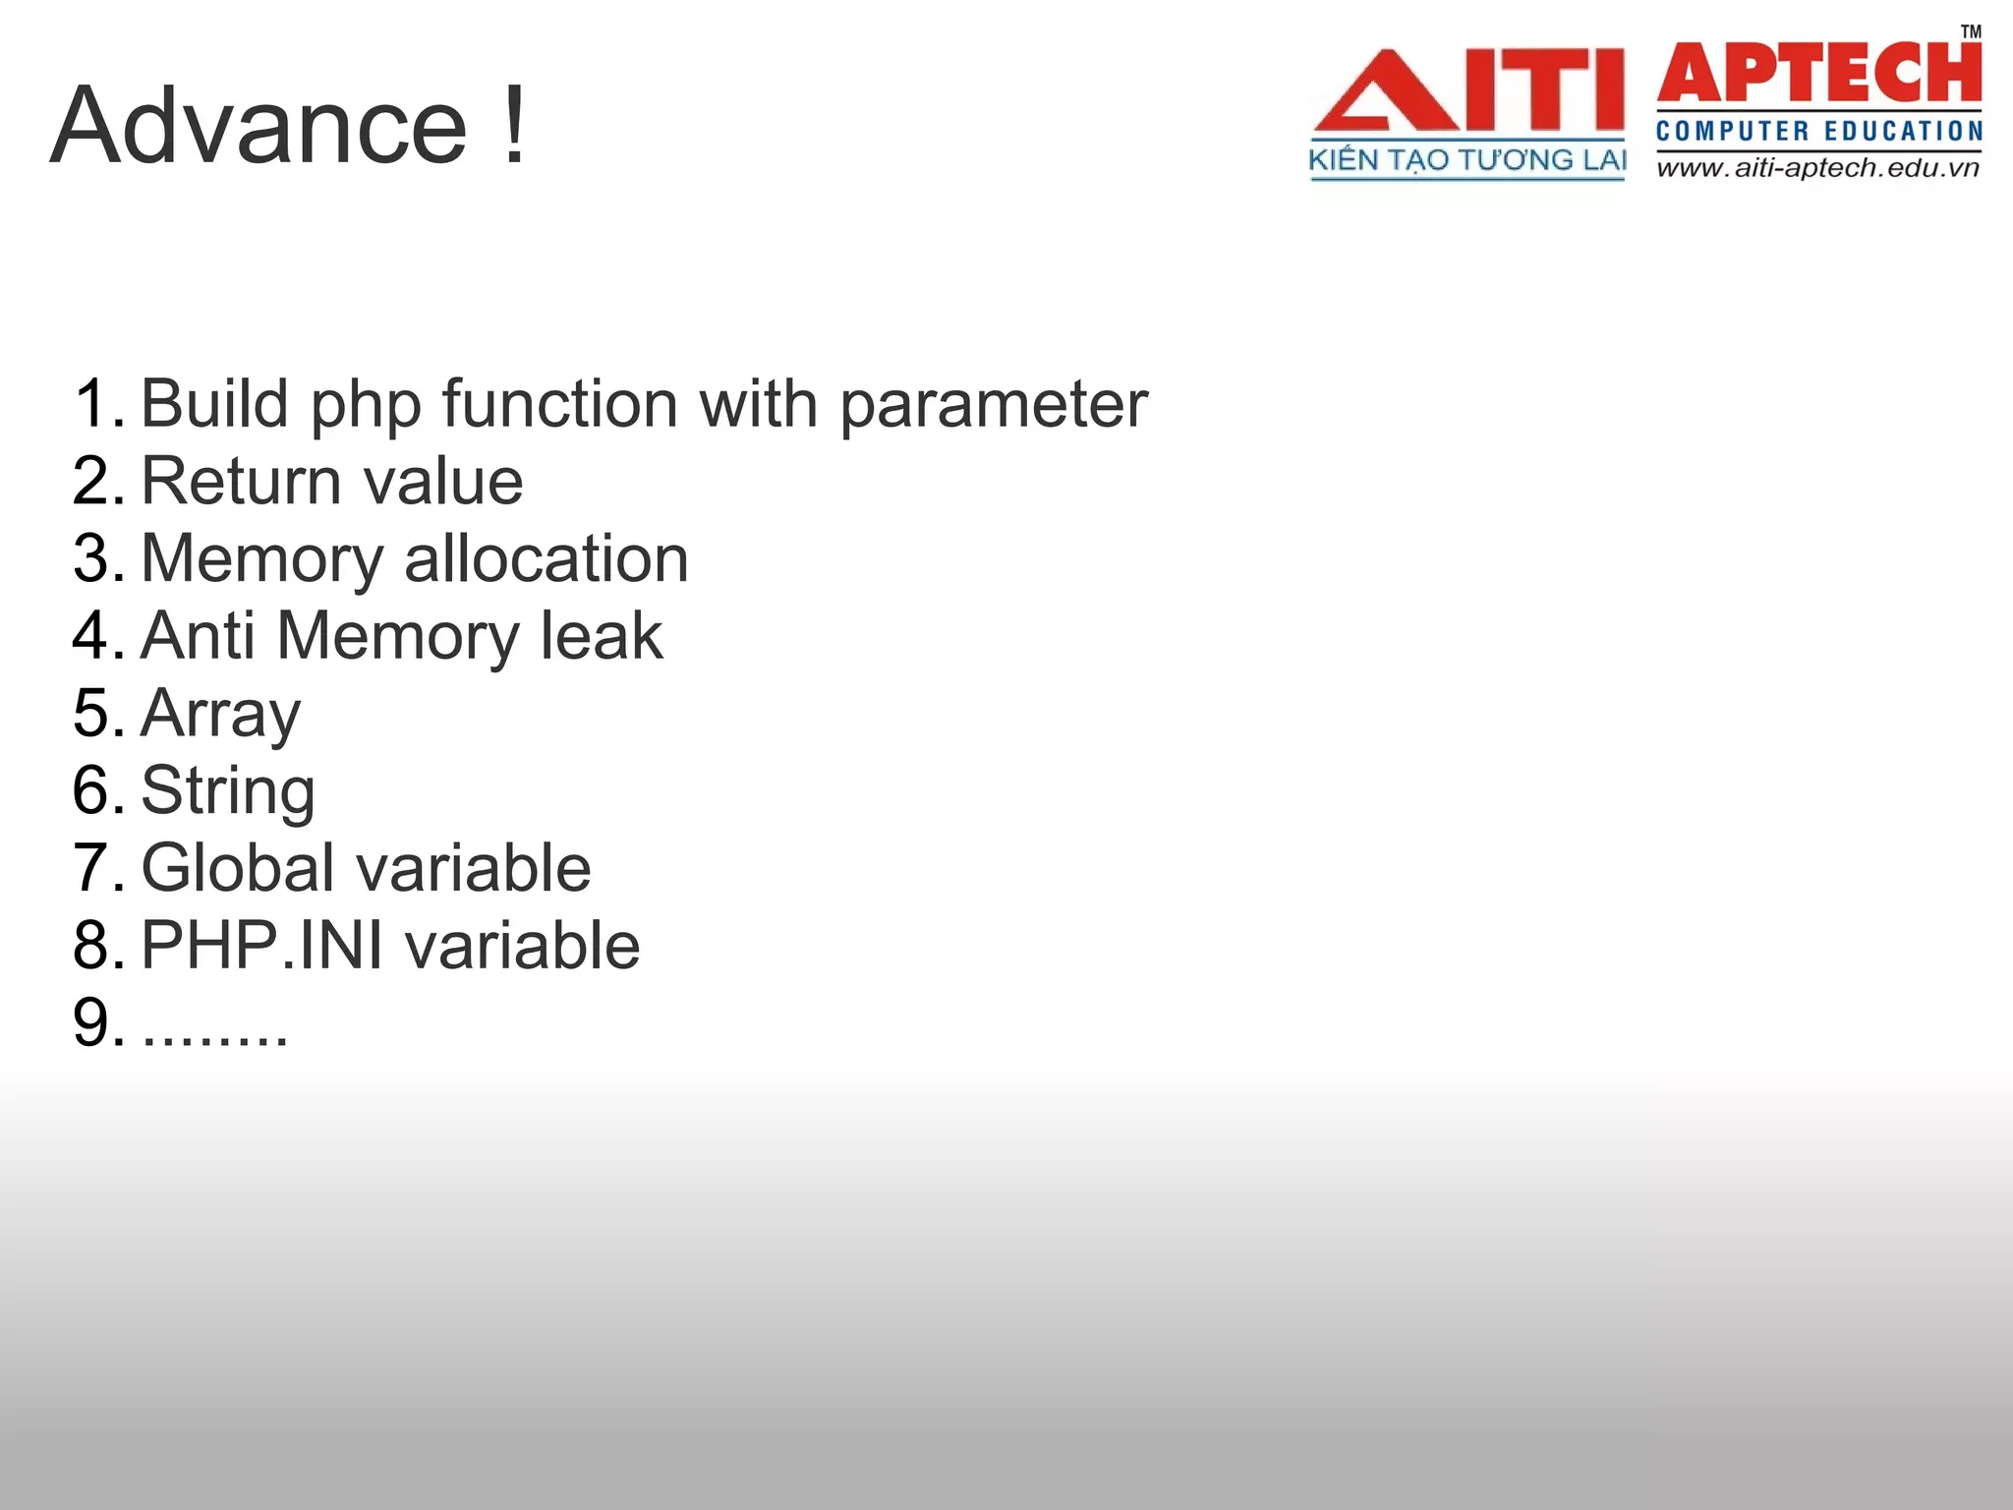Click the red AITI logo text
pyautogui.click(x=1468, y=90)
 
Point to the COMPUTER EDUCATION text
pyautogui.click(x=1819, y=132)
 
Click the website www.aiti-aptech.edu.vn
pyautogui.click(x=1817, y=168)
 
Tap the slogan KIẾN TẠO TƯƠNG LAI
pyautogui.click(x=1467, y=160)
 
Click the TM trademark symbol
pyautogui.click(x=1971, y=31)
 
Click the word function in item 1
pyautogui.click(x=560, y=404)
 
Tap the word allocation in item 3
pyautogui.click(x=546, y=558)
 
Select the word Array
pyautogui.click(x=220, y=715)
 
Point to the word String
pyautogui.click(x=227, y=791)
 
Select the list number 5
pyautogui.click(x=97, y=714)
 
